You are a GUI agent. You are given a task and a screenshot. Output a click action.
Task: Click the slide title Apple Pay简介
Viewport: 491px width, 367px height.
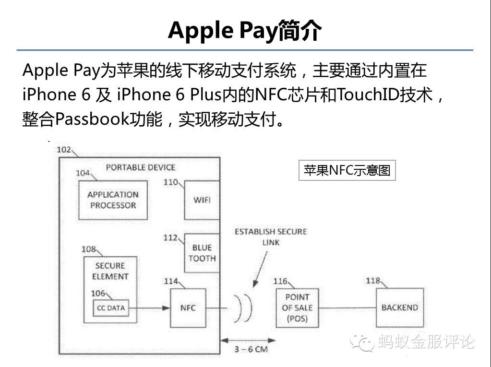coord(245,30)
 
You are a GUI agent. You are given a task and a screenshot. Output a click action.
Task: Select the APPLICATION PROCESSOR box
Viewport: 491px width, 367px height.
coord(113,200)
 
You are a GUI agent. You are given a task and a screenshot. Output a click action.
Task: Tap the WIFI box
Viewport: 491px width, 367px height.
coord(202,200)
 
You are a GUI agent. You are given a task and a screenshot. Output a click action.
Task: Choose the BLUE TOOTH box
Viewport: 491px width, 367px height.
coord(202,253)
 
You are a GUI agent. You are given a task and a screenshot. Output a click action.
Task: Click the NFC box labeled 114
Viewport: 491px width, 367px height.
coord(188,308)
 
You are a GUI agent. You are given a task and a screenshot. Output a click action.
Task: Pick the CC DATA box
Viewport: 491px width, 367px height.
coord(111,308)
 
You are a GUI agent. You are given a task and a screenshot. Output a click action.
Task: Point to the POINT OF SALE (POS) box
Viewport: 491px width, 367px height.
coord(297,308)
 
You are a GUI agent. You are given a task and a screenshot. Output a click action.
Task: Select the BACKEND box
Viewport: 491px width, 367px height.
coord(399,308)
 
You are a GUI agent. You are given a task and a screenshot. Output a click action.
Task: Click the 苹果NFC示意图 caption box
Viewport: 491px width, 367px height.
coord(347,170)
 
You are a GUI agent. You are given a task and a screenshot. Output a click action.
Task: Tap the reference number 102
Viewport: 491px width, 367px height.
coord(64,150)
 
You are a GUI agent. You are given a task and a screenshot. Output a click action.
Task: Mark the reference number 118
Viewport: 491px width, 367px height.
coord(373,281)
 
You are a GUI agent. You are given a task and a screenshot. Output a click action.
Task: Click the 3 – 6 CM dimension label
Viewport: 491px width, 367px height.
coord(251,349)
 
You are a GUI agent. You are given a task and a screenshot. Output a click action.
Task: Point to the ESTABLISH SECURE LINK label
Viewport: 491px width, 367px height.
coord(271,237)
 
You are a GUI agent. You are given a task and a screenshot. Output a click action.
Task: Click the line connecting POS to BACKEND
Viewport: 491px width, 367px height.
coord(347,308)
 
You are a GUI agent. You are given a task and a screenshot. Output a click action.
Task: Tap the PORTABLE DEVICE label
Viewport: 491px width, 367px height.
coord(141,167)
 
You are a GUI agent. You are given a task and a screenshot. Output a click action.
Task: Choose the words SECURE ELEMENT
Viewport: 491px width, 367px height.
coord(110,271)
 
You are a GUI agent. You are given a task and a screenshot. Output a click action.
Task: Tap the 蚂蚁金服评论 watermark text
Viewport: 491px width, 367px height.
coord(426,341)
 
